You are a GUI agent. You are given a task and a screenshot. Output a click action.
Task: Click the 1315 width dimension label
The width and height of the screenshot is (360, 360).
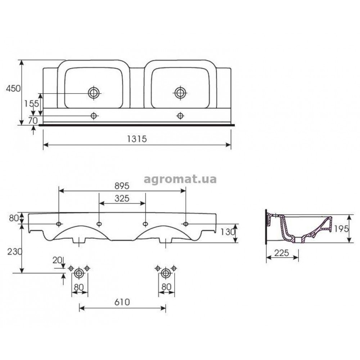pos(137,139)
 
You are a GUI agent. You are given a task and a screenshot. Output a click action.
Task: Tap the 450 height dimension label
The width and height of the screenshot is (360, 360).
pos(13,89)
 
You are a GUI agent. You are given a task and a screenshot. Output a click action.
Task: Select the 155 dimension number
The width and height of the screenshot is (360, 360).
pos(32,104)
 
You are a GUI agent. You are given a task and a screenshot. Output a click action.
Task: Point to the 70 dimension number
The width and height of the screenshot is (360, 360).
pos(33,120)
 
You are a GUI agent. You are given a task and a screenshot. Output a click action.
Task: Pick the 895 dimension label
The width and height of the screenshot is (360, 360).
pos(122,186)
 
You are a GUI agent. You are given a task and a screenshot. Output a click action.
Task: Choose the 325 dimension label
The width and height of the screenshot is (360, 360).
pos(122,198)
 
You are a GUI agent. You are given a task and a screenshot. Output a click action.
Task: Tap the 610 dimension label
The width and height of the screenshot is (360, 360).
pos(122,302)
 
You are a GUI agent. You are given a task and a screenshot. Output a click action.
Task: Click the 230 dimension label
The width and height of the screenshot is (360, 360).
pos(15,252)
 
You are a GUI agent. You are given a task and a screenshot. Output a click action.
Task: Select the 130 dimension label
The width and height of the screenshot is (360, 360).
pos(228,232)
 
